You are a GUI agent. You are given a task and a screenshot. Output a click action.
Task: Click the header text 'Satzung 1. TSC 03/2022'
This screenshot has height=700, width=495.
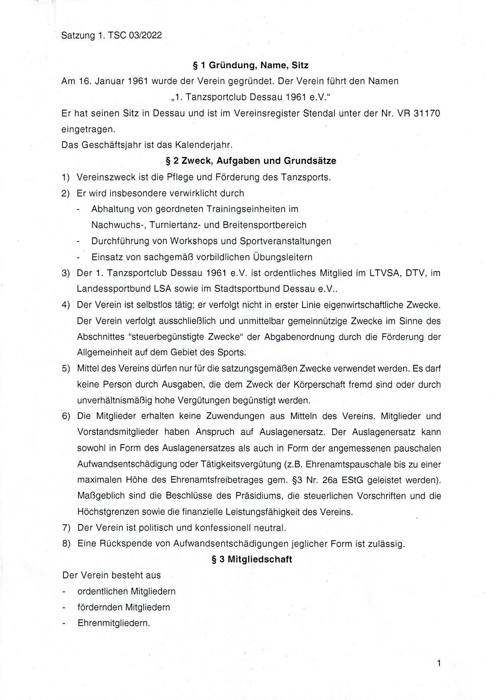point(111,36)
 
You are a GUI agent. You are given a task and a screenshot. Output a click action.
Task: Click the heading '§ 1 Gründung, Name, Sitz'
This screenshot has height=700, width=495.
point(251,65)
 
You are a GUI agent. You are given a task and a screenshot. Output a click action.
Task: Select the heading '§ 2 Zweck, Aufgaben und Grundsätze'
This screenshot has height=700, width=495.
point(251,161)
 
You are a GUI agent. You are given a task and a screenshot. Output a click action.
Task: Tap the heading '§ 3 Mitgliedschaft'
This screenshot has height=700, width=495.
point(252,559)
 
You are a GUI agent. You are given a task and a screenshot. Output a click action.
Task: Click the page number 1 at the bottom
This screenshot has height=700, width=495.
point(439,663)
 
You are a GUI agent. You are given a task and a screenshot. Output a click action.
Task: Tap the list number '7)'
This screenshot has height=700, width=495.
point(66,528)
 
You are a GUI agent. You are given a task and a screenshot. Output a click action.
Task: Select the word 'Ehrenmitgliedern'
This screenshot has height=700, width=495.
point(114,623)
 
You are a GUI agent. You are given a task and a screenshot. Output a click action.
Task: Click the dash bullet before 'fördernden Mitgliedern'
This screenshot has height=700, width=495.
point(64,607)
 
